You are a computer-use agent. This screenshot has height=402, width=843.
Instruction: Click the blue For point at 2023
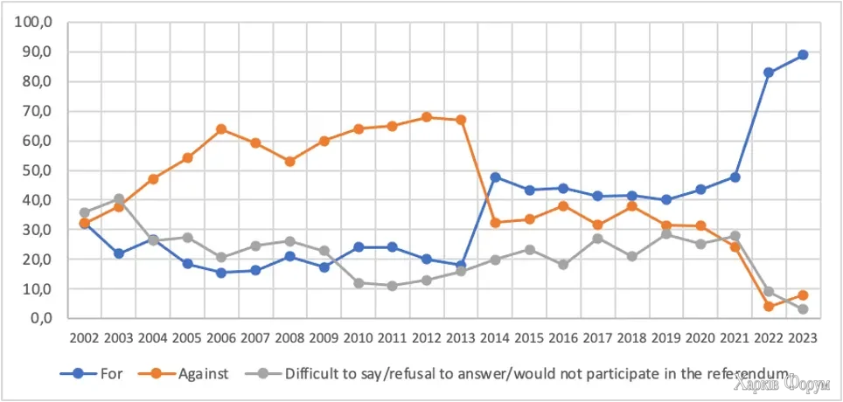(802, 55)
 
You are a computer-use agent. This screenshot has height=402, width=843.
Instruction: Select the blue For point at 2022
(769, 73)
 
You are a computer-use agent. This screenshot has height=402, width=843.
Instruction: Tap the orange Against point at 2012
(427, 117)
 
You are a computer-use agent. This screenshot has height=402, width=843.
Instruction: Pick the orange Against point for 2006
(221, 129)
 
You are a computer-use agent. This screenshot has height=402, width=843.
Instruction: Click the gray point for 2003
(119, 199)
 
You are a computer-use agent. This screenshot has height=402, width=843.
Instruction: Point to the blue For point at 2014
(495, 177)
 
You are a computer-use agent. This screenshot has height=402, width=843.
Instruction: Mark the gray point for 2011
(393, 286)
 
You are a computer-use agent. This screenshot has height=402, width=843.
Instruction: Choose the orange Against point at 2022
(769, 306)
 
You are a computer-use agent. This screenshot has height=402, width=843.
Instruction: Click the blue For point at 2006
(221, 273)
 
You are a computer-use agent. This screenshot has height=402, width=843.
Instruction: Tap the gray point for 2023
(802, 309)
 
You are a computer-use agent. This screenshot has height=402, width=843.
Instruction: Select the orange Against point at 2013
(461, 120)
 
